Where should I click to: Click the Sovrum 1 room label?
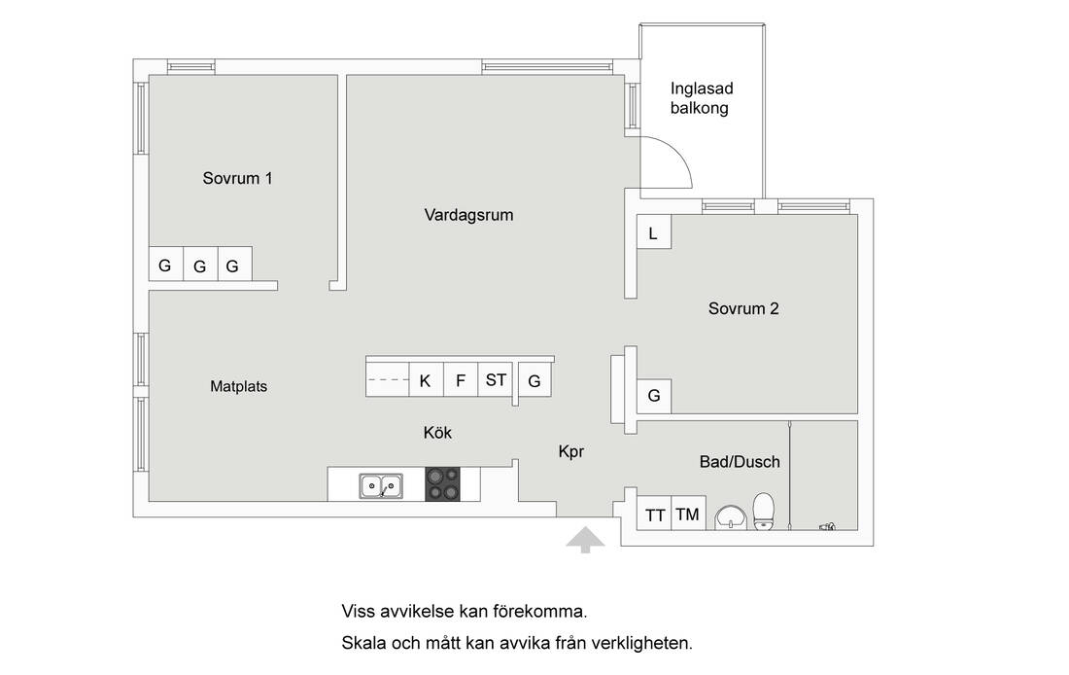point(237,178)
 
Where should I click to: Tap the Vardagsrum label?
point(468,215)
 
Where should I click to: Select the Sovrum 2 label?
point(743,309)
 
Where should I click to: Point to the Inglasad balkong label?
point(699,98)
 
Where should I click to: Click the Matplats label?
point(238,386)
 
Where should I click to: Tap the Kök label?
point(437,433)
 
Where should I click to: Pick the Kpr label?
point(571,451)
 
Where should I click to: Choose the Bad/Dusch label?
point(740,462)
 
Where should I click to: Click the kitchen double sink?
point(381,484)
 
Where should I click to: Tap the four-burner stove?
point(444,484)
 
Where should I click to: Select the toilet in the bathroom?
point(763,511)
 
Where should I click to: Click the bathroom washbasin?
point(729,517)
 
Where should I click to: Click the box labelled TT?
point(655,515)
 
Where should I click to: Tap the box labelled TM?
point(687,515)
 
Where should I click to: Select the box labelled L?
point(653,233)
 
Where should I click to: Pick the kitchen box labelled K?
point(425,380)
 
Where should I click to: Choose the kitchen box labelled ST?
point(496,379)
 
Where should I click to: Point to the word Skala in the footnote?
point(362,643)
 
